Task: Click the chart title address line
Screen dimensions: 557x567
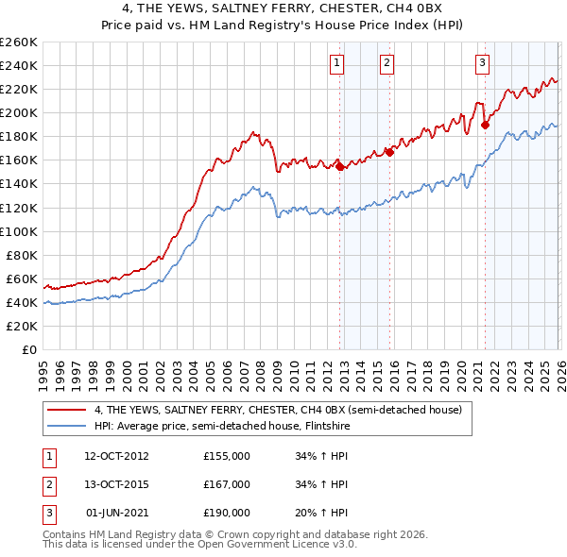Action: point(283,8)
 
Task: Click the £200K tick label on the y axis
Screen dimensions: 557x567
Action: point(19,112)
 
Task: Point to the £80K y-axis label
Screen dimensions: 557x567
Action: point(22,255)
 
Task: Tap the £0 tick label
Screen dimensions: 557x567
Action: point(30,349)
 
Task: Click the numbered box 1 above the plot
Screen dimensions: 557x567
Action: point(337,63)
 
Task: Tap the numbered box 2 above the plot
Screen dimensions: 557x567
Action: point(387,63)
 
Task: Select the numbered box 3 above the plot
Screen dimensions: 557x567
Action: point(482,63)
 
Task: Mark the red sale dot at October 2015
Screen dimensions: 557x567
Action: point(389,152)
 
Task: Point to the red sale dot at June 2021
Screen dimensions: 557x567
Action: point(485,125)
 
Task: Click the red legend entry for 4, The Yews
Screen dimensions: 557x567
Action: point(278,410)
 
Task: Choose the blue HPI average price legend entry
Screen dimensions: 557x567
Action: point(242,426)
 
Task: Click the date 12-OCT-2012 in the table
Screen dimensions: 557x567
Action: point(116,456)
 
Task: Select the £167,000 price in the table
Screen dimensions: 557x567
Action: point(227,484)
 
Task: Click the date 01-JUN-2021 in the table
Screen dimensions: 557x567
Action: point(116,513)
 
